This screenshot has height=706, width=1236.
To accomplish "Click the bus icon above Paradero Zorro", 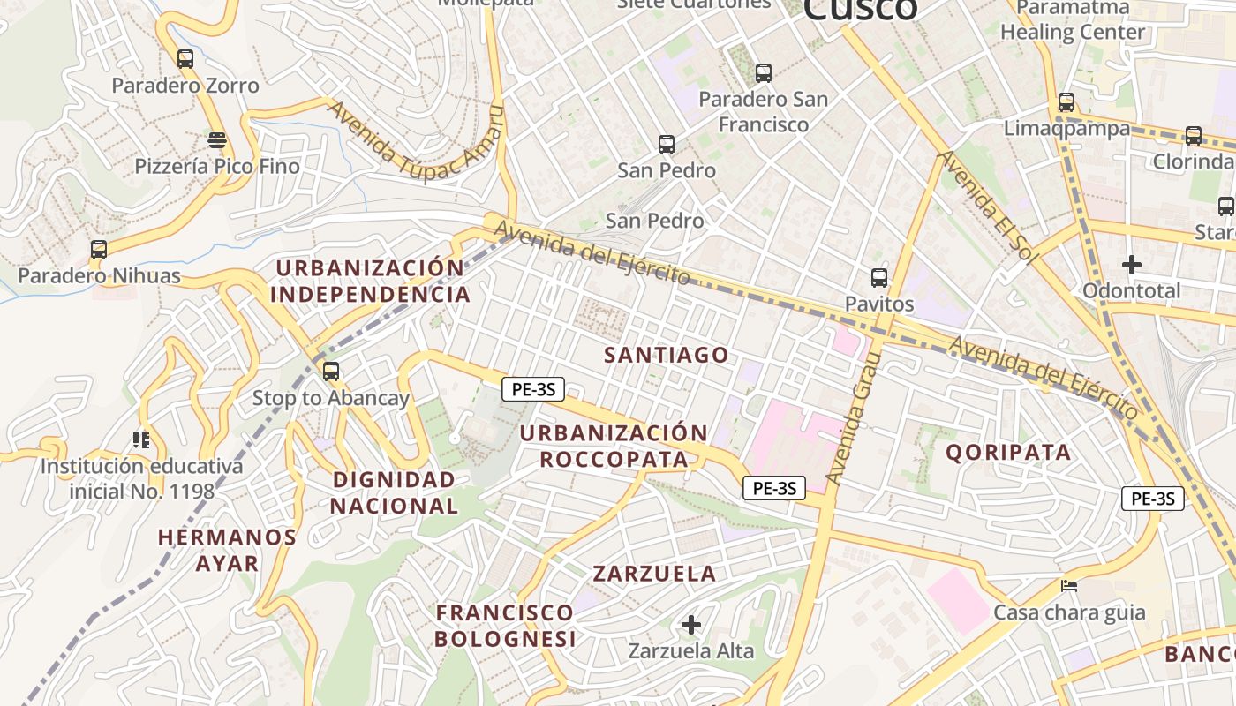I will tap(185, 59).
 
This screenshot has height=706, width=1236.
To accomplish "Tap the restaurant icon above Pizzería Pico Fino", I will tap(217, 139).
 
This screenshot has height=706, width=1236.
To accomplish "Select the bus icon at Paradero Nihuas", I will tap(99, 250).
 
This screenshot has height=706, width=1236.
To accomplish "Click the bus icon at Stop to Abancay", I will tap(331, 372).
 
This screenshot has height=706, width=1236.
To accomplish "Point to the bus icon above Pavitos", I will tap(879, 278).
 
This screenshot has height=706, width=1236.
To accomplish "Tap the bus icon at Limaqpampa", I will tap(1066, 102).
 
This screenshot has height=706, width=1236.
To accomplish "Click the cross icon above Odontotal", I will tap(1132, 264).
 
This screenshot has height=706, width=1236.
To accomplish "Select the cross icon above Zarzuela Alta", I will tap(691, 625).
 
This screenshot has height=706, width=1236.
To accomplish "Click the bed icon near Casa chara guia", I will tap(1069, 586).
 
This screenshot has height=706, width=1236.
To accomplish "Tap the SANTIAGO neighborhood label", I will tap(667, 356).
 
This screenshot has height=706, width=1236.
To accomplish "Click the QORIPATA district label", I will tap(1008, 453).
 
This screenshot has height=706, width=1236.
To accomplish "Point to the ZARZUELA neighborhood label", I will tap(654, 574).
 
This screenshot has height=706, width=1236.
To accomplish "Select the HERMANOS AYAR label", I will tap(227, 550).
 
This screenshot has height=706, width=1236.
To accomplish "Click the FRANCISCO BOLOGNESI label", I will tap(505, 625).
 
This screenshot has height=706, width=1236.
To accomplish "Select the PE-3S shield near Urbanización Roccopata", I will tap(533, 389).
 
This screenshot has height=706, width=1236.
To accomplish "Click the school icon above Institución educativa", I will tap(140, 439).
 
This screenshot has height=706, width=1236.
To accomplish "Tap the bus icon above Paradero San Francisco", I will tap(764, 73).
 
